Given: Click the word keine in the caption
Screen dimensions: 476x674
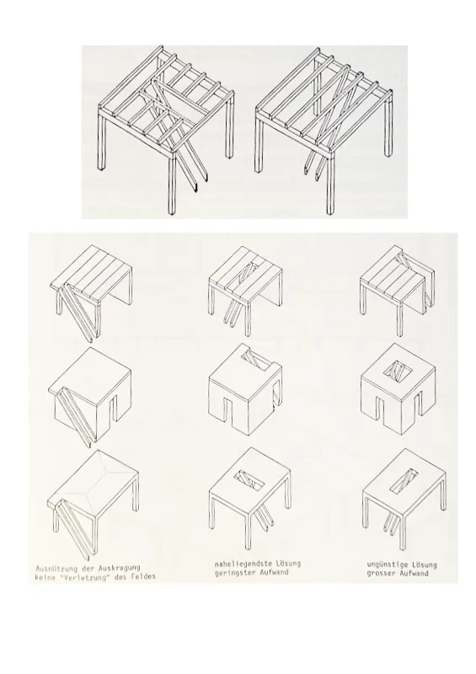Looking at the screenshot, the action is click(45, 577).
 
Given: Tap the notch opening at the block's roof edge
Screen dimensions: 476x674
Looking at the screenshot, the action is click(258, 360).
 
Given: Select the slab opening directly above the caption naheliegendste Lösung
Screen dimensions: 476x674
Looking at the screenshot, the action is click(249, 480).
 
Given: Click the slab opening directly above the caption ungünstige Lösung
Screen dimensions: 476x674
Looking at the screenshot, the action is click(404, 480).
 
